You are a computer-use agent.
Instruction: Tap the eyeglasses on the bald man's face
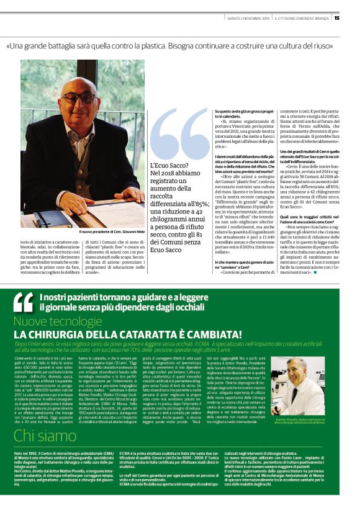coord(79,98)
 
